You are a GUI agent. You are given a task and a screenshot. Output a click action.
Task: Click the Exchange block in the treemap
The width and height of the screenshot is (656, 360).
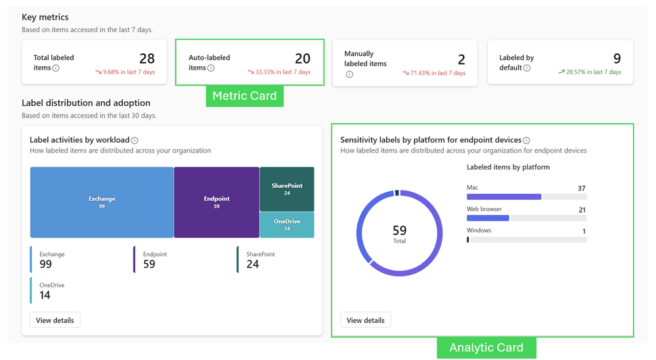102,202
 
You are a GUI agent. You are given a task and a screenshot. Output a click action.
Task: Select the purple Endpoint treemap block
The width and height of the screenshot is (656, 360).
216,202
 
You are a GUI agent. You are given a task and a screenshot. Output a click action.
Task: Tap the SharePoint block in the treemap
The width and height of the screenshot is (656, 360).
287,189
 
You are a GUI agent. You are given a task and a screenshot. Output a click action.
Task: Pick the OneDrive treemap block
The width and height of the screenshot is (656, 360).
287,225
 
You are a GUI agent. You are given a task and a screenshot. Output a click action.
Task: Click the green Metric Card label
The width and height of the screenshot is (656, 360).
244,96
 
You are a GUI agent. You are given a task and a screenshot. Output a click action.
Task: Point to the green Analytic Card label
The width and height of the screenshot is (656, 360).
486,348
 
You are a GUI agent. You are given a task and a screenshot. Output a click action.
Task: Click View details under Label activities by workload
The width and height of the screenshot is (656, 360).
55,320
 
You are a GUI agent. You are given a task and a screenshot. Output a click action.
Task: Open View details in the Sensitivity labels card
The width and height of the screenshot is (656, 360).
365,320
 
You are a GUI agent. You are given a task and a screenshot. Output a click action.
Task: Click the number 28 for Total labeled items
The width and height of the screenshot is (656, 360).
146,59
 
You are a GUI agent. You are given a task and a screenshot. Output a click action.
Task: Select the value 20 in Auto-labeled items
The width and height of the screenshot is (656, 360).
302,59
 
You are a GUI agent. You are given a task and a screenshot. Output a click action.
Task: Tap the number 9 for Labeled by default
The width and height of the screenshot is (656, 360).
617,59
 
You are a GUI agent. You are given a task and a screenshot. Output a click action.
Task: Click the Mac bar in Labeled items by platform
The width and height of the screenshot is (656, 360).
504,196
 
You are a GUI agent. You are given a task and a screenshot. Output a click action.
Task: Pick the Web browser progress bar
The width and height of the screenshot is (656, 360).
488,218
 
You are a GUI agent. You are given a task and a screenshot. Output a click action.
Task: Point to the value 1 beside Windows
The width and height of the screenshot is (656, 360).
584,231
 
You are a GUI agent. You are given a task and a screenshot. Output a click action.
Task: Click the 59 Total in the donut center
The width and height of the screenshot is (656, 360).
399,233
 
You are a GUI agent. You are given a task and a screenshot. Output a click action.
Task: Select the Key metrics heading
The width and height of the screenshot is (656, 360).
45,17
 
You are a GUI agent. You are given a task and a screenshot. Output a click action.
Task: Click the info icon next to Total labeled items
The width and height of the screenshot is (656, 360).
56,68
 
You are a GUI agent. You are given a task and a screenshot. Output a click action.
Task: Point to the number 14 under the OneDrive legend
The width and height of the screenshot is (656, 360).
45,295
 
